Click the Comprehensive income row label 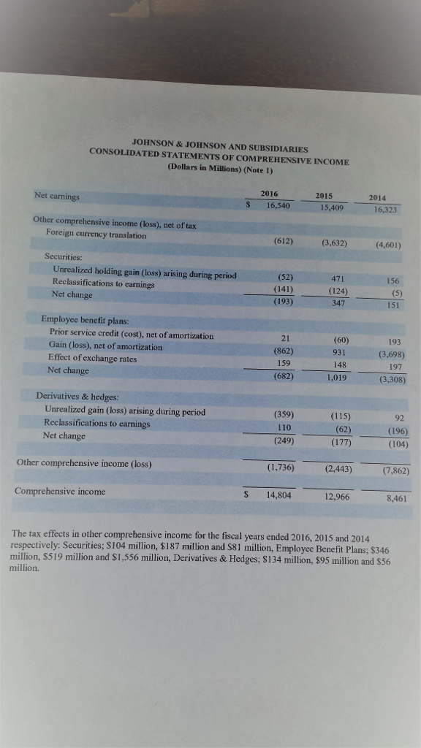click(60, 492)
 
